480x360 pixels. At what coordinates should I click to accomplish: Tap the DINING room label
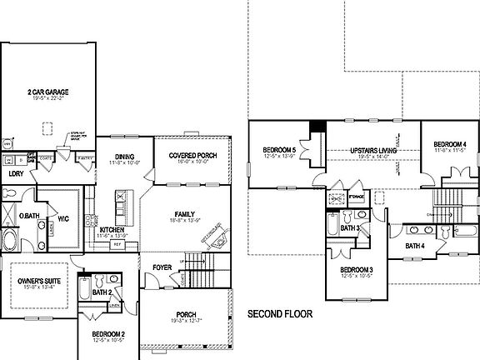pyautogui.click(x=125, y=156)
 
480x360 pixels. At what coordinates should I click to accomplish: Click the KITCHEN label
pyautogui.click(x=112, y=229)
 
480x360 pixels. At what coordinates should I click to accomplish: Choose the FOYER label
pyautogui.click(x=162, y=267)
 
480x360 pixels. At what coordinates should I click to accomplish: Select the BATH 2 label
pyautogui.click(x=102, y=292)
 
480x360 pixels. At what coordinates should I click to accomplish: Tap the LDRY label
pyautogui.click(x=16, y=174)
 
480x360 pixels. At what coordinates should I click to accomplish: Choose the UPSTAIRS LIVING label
pyautogui.click(x=365, y=149)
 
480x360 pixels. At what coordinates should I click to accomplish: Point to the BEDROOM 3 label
pyautogui.click(x=361, y=270)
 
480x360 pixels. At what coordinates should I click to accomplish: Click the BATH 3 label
pyautogui.click(x=350, y=227)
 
